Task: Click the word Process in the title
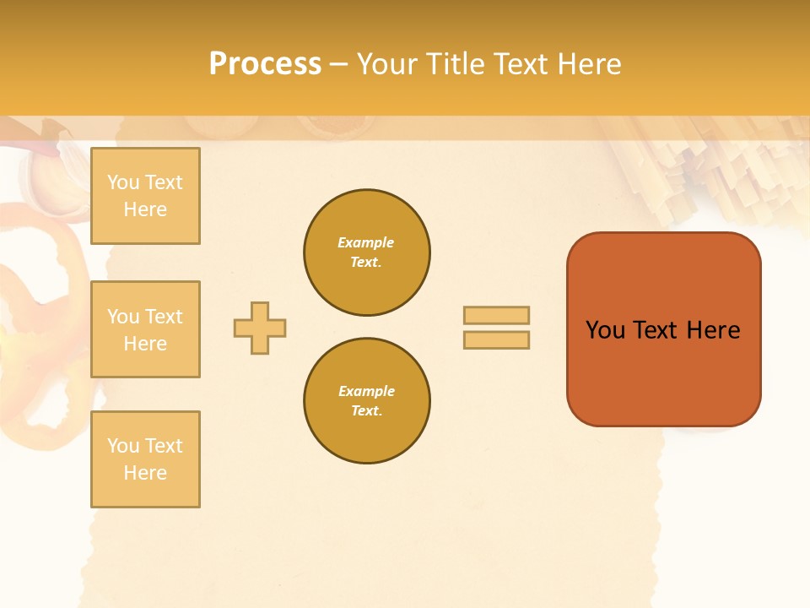[265, 64]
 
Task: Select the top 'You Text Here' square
[145, 196]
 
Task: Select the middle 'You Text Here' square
[145, 329]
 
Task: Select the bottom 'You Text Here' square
[145, 459]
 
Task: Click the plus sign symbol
[260, 328]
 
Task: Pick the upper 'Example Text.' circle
[367, 252]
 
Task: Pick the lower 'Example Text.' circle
[367, 401]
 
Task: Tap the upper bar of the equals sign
[496, 315]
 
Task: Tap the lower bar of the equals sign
[496, 339]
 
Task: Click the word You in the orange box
[605, 330]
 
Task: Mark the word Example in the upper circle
[366, 243]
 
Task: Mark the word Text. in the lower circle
[366, 411]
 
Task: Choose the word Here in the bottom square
[145, 473]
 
